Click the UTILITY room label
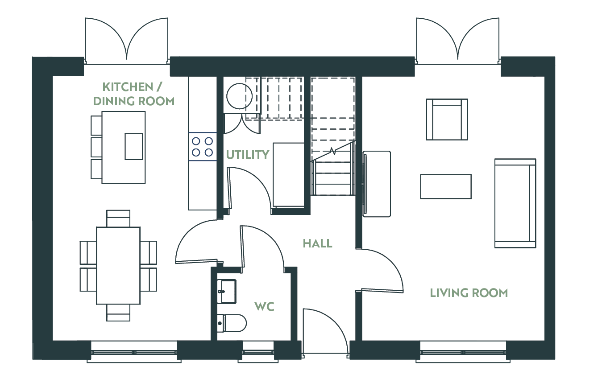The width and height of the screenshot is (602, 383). pyautogui.click(x=248, y=154)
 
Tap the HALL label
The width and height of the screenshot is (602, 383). pyautogui.click(x=317, y=243)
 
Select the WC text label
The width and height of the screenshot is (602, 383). pyautogui.click(x=265, y=306)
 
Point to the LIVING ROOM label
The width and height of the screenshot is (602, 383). pyautogui.click(x=469, y=293)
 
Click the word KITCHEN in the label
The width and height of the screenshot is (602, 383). pyautogui.click(x=128, y=87)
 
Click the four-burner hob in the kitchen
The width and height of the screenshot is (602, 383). pyautogui.click(x=202, y=147)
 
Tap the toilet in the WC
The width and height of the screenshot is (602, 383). pyautogui.click(x=232, y=323)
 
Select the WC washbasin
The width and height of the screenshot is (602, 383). pyautogui.click(x=227, y=292)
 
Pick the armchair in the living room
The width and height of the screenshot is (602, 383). pyautogui.click(x=447, y=119)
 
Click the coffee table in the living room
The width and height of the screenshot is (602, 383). pyautogui.click(x=446, y=187)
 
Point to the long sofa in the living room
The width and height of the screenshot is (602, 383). pyautogui.click(x=515, y=203)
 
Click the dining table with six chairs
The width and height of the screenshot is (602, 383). pyautogui.click(x=118, y=266)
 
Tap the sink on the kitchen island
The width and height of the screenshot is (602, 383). pyautogui.click(x=133, y=147)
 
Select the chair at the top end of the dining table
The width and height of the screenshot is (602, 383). pyautogui.click(x=118, y=218)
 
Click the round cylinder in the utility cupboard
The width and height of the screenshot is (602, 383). pyautogui.click(x=239, y=96)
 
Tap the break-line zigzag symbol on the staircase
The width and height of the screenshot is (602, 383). pyautogui.click(x=333, y=152)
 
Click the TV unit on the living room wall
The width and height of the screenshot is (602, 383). pyautogui.click(x=377, y=184)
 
